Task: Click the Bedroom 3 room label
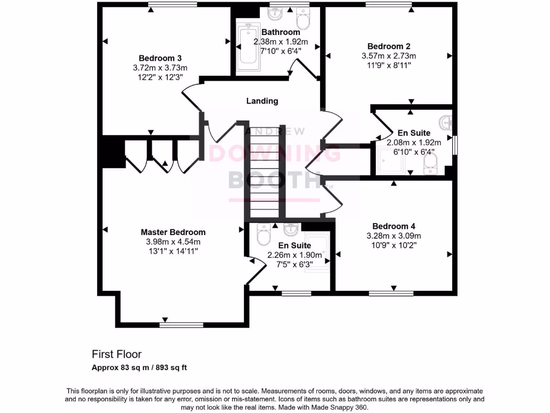pyautogui.click(x=160, y=58)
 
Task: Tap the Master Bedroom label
pyautogui.click(x=173, y=232)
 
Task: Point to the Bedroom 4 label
pyautogui.click(x=394, y=226)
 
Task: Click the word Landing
pyautogui.click(x=262, y=101)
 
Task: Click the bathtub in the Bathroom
pyautogui.click(x=248, y=48)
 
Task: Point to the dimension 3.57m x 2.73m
pyautogui.click(x=389, y=55)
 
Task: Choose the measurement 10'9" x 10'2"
pyautogui.click(x=394, y=245)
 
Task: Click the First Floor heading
pyautogui.click(x=117, y=354)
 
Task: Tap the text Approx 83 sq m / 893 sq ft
pyautogui.click(x=139, y=368)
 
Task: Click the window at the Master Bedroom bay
pyautogui.click(x=181, y=325)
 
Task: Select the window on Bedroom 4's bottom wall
pyautogui.click(x=390, y=294)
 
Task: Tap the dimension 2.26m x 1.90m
pyautogui.click(x=295, y=255)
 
